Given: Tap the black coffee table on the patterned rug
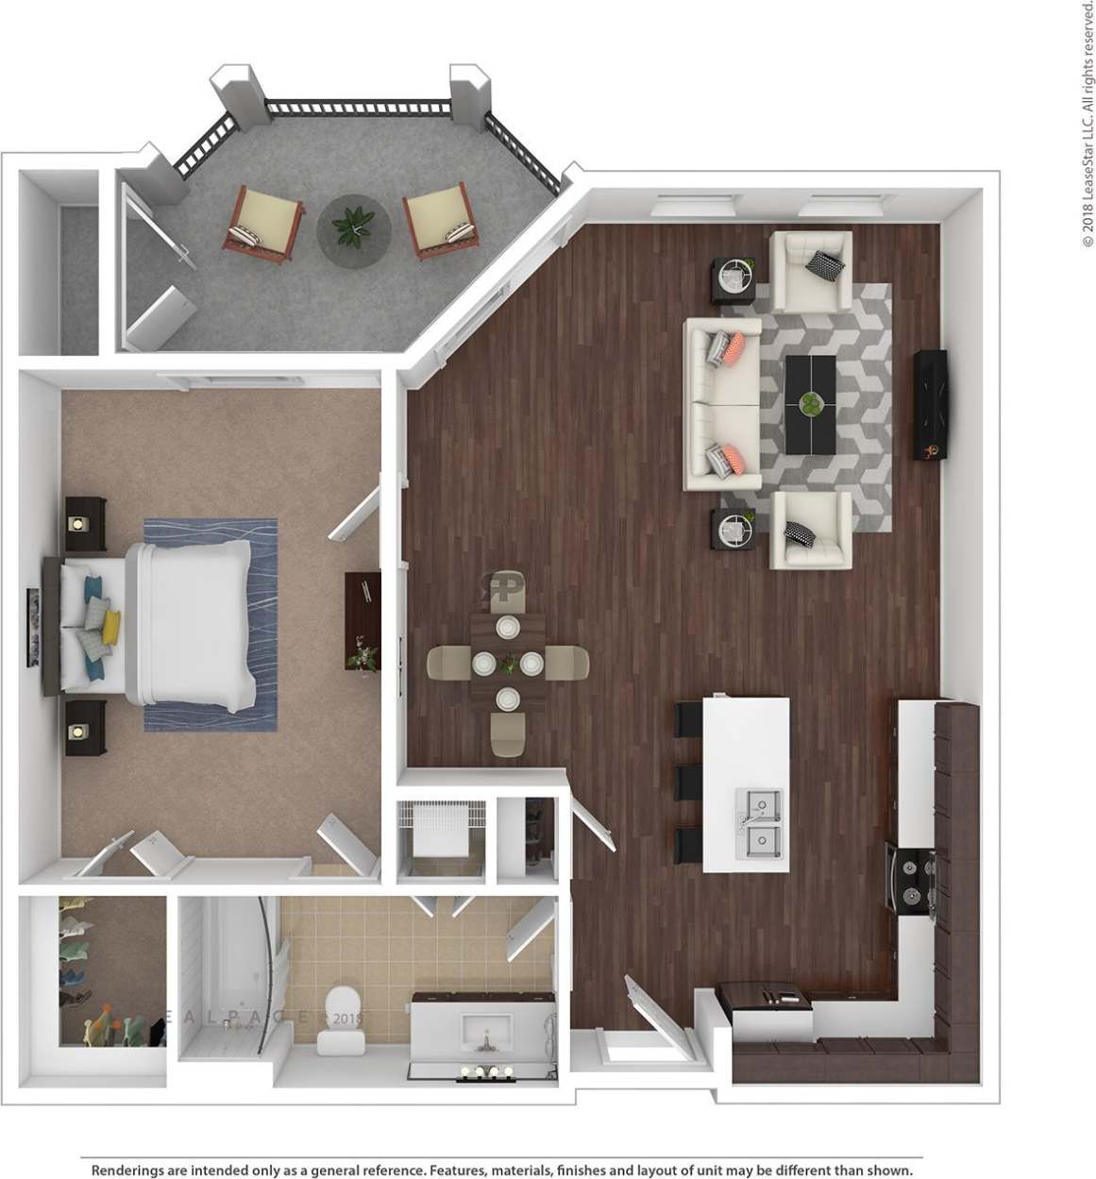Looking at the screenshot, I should point(810,404).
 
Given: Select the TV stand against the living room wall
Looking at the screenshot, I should point(930,405).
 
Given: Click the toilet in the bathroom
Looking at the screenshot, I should point(339,1020).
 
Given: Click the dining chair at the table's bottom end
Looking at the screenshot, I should point(508,734).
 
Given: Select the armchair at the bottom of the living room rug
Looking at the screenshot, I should point(810,530).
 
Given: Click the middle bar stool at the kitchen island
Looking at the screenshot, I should point(689,783).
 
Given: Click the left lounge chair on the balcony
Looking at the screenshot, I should point(263,223).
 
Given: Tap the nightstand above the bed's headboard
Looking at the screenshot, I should point(86,520).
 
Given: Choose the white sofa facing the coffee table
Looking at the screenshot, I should point(722,404).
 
